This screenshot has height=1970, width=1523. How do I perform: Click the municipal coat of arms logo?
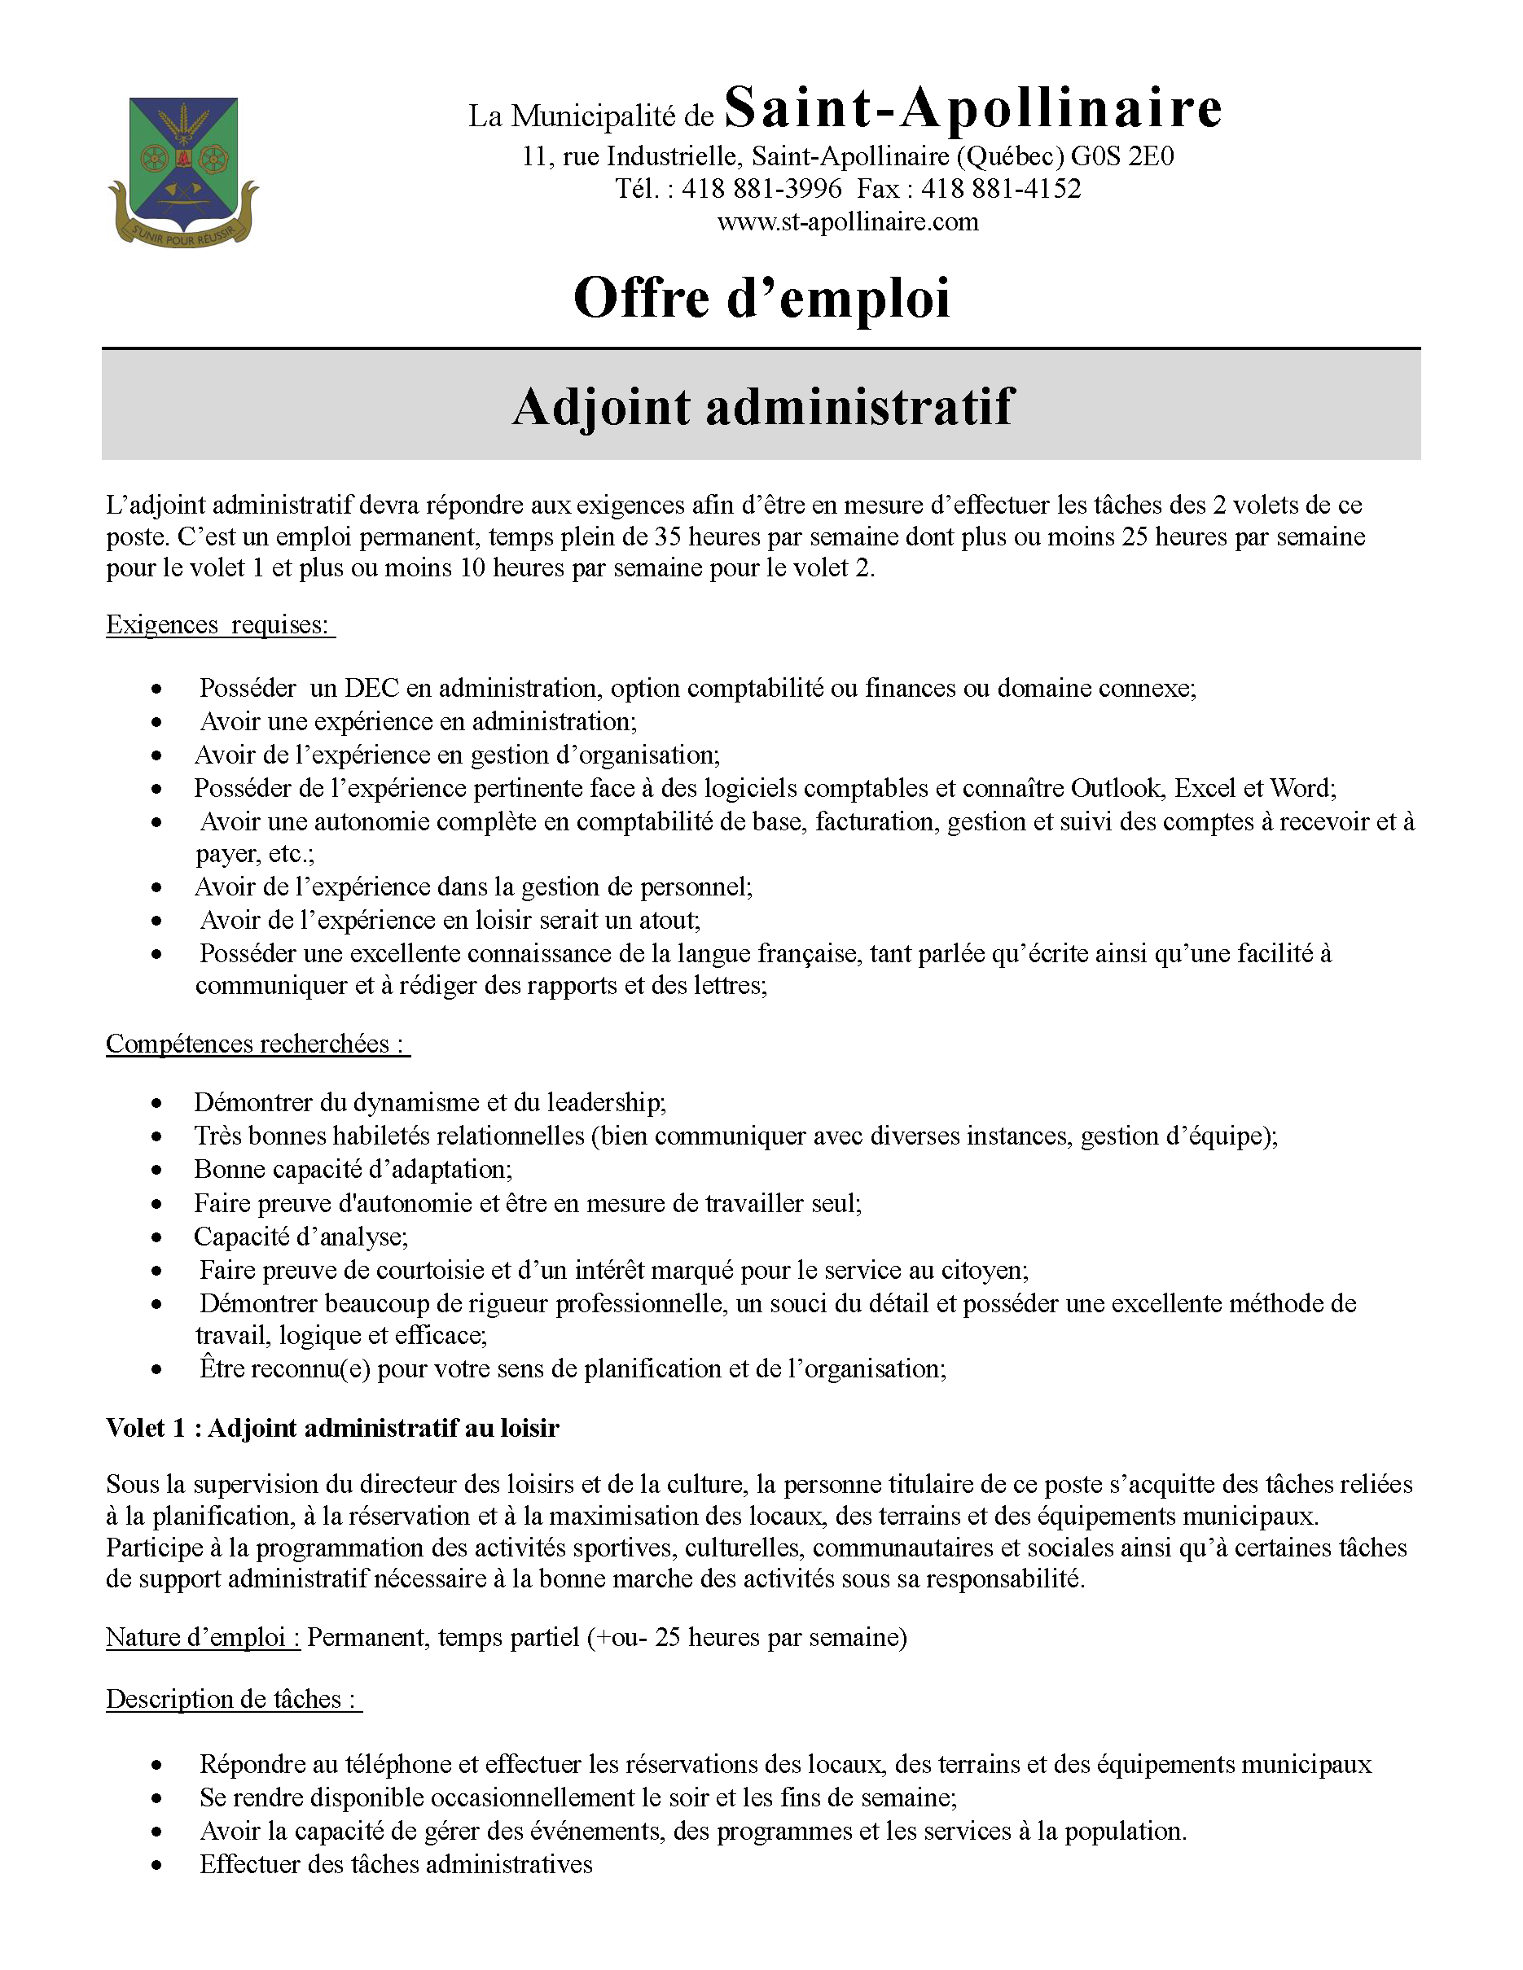(x=183, y=172)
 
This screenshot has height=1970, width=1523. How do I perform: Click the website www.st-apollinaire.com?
(x=847, y=222)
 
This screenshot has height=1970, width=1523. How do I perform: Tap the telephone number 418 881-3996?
(x=761, y=189)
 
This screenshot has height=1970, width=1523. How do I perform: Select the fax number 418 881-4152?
(x=1001, y=189)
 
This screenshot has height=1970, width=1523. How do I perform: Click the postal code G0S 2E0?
(x=1122, y=157)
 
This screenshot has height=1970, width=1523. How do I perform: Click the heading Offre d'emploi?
(x=761, y=298)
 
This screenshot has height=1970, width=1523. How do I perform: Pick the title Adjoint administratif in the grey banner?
(x=763, y=406)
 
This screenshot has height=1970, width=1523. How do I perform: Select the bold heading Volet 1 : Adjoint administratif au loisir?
(x=332, y=1427)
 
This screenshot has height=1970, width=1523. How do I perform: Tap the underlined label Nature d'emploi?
(x=202, y=1636)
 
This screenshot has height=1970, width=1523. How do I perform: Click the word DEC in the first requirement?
(x=371, y=688)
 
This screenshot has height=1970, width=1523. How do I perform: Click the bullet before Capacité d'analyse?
(x=157, y=1237)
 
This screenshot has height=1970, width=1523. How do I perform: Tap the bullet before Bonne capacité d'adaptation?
(x=157, y=1171)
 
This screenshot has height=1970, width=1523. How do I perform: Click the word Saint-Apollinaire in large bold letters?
(x=972, y=108)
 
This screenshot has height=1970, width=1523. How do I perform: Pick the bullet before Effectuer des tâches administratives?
(x=157, y=1865)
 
